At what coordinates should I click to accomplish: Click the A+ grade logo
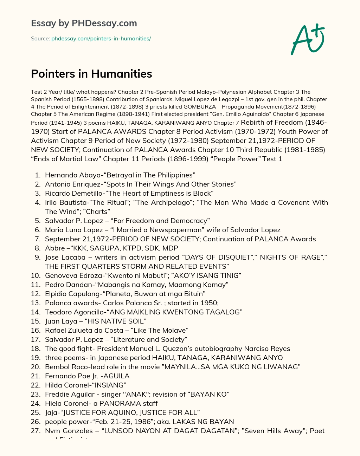(x=308, y=39)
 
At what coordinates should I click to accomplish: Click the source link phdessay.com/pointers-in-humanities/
(x=101, y=39)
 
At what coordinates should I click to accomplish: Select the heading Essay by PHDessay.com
(x=84, y=23)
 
